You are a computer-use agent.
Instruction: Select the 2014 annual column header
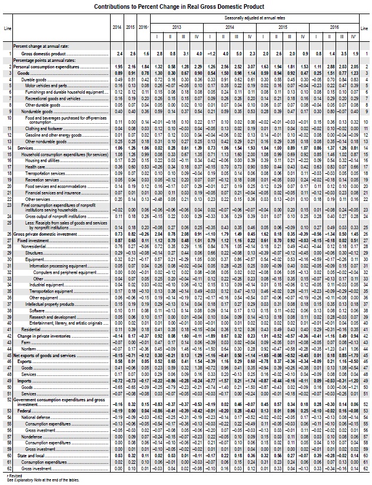117,28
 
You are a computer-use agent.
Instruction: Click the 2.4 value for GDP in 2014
118,54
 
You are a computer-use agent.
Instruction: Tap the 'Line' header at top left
7,28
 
